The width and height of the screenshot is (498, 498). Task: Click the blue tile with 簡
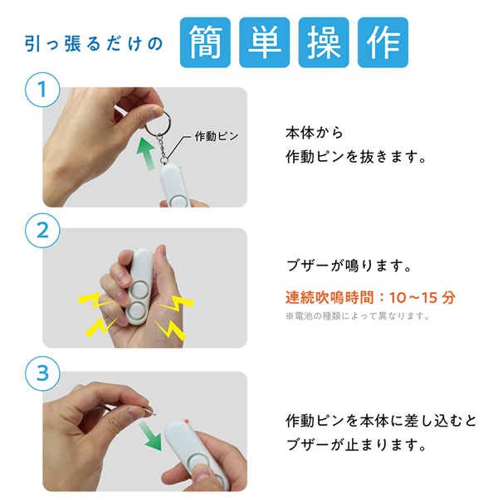205,42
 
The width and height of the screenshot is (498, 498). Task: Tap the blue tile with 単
264,42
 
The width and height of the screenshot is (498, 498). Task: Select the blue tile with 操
324,42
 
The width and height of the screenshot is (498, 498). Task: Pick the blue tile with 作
383,42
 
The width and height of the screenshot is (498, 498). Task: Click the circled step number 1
42,90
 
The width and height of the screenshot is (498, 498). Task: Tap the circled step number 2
42,231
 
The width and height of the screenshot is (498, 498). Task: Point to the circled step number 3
42,373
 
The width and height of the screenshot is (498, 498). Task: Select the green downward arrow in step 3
151,435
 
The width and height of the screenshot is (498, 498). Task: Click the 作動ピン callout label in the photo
217,137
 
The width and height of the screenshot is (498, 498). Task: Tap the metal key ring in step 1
158,123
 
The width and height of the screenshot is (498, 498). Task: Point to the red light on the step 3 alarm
186,422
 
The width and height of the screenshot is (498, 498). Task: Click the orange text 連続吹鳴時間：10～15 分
370,298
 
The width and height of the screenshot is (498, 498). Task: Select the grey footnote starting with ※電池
358,316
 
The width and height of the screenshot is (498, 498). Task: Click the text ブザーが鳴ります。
349,266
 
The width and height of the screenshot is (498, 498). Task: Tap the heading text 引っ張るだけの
94,44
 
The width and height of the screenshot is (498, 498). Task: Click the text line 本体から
315,133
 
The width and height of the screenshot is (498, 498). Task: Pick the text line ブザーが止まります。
356,445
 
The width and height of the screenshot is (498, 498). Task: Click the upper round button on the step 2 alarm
139,290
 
